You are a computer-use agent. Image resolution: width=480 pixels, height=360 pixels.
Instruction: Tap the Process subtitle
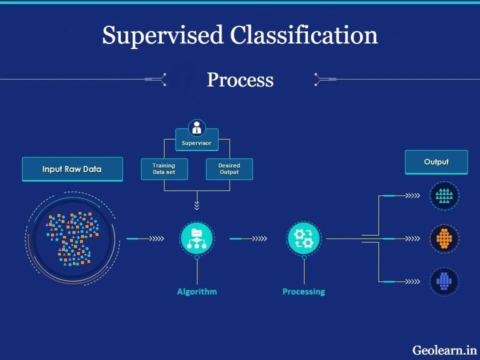point(240,80)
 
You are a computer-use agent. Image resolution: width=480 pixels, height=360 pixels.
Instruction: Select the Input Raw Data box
point(72,169)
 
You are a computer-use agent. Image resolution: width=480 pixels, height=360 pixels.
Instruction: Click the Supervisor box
point(196,143)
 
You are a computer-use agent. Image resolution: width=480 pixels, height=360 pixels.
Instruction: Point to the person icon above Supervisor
point(196,127)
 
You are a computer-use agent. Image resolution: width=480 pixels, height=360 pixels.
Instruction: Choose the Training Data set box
point(164,169)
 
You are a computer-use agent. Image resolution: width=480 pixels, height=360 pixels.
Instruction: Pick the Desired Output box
point(229,169)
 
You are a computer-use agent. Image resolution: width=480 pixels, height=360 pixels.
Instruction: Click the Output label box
point(436,162)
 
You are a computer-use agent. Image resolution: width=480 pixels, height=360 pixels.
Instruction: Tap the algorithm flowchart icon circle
point(196,238)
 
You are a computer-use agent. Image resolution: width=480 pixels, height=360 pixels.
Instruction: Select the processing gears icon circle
point(303,238)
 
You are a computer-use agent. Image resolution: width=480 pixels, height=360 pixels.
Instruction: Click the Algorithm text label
point(196,291)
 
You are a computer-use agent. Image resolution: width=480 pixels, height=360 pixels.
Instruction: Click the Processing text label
point(303,291)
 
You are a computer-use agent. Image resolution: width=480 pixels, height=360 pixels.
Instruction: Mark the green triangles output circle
point(444,195)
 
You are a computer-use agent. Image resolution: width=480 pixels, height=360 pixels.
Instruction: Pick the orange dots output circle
point(444,238)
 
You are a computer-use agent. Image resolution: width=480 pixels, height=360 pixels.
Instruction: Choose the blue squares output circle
point(444,281)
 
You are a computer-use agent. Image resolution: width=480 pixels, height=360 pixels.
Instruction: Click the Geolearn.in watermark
point(444,350)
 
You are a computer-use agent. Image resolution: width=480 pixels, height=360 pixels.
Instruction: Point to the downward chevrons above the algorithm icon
point(196,205)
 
